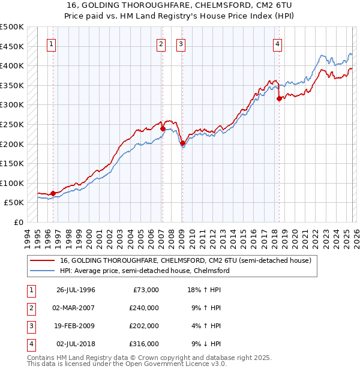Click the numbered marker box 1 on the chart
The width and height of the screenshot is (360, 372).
tap(52, 43)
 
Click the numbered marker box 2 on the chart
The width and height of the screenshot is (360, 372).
tap(161, 43)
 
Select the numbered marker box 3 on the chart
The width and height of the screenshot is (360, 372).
tap(181, 43)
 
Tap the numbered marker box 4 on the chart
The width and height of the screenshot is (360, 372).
tap(278, 43)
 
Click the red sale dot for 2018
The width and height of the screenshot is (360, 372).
tap(279, 99)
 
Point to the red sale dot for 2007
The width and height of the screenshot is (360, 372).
tap(163, 128)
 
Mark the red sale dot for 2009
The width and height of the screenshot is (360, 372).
tap(182, 143)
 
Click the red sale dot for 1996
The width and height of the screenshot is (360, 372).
tap(53, 193)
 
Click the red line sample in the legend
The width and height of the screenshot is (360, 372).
tap(41, 261)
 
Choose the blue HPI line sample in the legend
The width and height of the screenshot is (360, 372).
tap(41, 271)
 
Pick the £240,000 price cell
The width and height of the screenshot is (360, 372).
tap(144, 308)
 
